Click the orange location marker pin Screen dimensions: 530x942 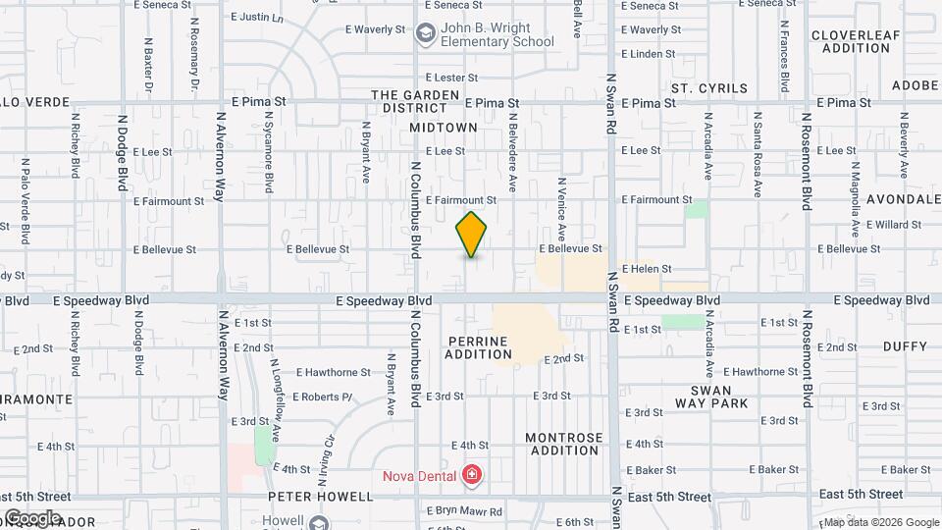click(x=472, y=235)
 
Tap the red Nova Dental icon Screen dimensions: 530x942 click(x=472, y=476)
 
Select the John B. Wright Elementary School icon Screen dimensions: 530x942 click(x=425, y=34)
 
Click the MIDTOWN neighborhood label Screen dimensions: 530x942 click(x=443, y=128)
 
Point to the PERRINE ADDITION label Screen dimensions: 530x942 click(x=478, y=347)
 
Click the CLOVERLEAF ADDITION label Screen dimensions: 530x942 click(x=850, y=41)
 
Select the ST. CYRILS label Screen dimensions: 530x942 click(x=708, y=88)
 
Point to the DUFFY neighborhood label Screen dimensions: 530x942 click(x=904, y=346)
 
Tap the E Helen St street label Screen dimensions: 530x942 click(x=648, y=269)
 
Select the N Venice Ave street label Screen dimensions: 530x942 click(x=561, y=209)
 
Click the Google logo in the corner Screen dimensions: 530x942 click(x=31, y=517)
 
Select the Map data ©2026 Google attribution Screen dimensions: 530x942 click(x=879, y=522)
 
